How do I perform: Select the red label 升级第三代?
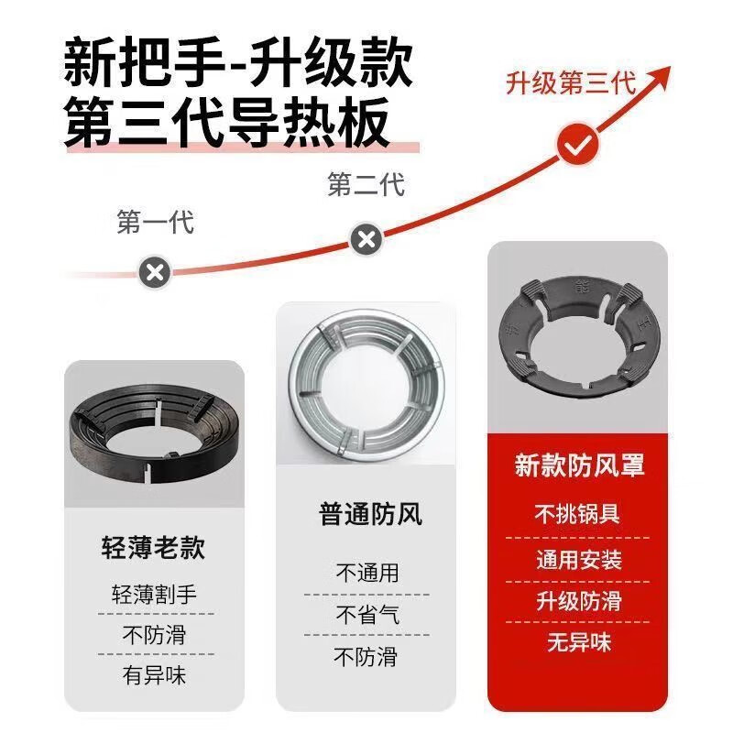(x=571, y=83)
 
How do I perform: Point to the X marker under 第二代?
(x=366, y=240)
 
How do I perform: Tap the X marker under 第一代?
(x=155, y=271)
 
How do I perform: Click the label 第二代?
(x=366, y=185)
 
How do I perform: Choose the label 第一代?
(x=156, y=223)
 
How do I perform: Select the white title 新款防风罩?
(x=579, y=465)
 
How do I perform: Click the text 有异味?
(x=155, y=675)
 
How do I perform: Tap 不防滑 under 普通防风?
(x=366, y=656)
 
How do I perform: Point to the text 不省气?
(x=366, y=615)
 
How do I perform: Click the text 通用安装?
(x=579, y=559)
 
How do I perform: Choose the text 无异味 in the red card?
(x=579, y=642)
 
